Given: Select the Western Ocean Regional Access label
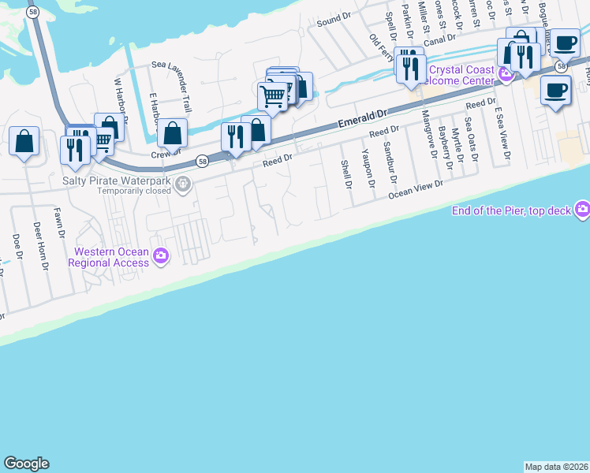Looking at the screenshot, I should pos(111,258).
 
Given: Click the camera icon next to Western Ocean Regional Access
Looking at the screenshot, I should pos(162,255).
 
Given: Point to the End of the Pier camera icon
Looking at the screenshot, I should pos(582,209).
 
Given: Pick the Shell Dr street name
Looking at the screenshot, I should pos(345,174).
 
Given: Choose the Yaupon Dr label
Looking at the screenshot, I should pos(366,169).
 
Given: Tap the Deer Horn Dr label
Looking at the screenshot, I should pos(39,245).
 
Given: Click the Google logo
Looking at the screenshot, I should pos(26,464).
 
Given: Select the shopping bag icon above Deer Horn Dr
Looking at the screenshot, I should pos(24,142).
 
